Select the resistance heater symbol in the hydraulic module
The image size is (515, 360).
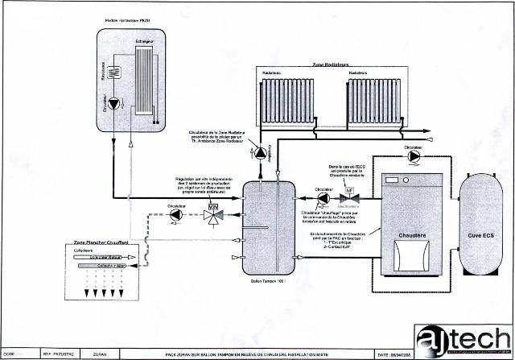(x=114, y=70)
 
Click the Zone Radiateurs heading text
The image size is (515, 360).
(x=330, y=64)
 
